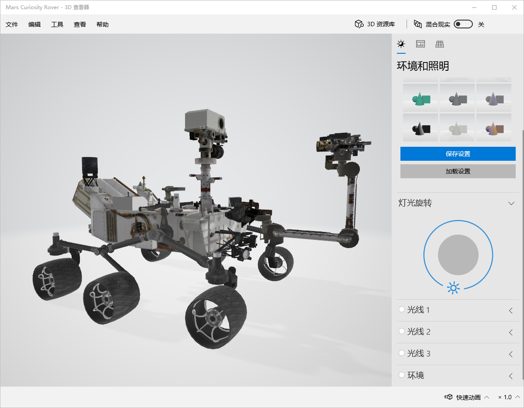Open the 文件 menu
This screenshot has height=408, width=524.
pos(12,24)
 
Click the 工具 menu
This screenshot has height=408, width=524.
pos(57,24)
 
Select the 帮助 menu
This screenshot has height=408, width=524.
pos(103,24)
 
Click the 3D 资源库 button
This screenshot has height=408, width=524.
pos(375,24)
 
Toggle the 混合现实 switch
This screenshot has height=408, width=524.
pos(463,24)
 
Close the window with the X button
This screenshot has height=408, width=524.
pos(514,7)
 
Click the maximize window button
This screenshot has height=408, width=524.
pos(494,7)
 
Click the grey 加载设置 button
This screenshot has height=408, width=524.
pos(458,171)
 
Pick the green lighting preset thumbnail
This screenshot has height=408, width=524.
pos(421,98)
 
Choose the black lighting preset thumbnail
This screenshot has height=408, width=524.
pos(421,128)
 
